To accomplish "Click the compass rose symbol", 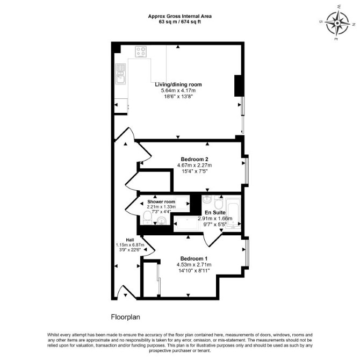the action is click(337, 23).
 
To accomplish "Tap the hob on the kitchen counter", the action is click(141, 52).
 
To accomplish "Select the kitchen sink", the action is click(120, 74).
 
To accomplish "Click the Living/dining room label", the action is click(178, 84).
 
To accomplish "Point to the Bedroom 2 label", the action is click(195, 159).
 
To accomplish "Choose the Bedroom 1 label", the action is click(194, 258).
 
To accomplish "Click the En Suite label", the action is click(215, 213).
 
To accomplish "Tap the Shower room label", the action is click(161, 201).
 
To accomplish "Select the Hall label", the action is click(130, 240).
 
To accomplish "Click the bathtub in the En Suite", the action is click(233, 213).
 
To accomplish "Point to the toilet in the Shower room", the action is click(147, 218).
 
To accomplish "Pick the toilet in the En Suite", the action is click(218, 201).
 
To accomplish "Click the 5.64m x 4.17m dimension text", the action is click(178, 90).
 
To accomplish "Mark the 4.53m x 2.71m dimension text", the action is click(194, 265).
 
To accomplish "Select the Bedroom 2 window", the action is click(247, 170).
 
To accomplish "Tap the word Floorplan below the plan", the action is click(126, 317).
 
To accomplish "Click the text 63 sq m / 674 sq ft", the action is click(180, 22).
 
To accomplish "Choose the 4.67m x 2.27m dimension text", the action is click(195, 165).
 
